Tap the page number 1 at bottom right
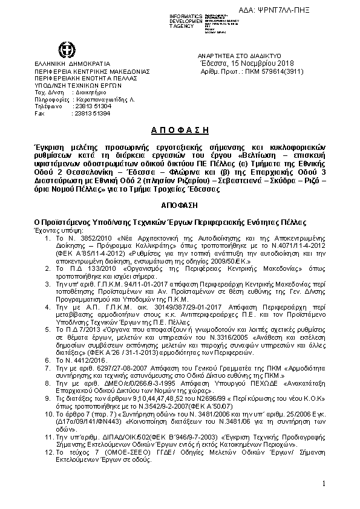(324, 484)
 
